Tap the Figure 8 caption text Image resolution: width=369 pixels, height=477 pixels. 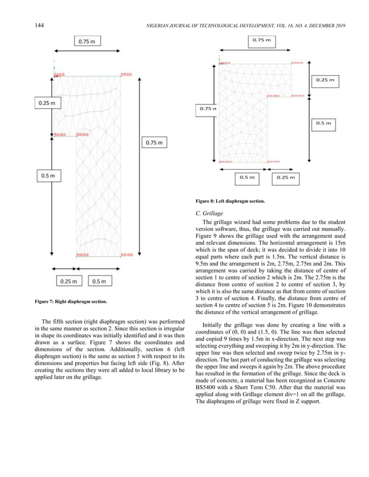tap(230, 201)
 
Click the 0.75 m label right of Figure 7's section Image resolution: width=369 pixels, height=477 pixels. tap(153, 142)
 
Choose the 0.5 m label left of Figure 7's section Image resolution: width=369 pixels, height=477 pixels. tap(47, 174)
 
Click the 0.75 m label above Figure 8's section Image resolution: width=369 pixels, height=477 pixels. tap(263, 40)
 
